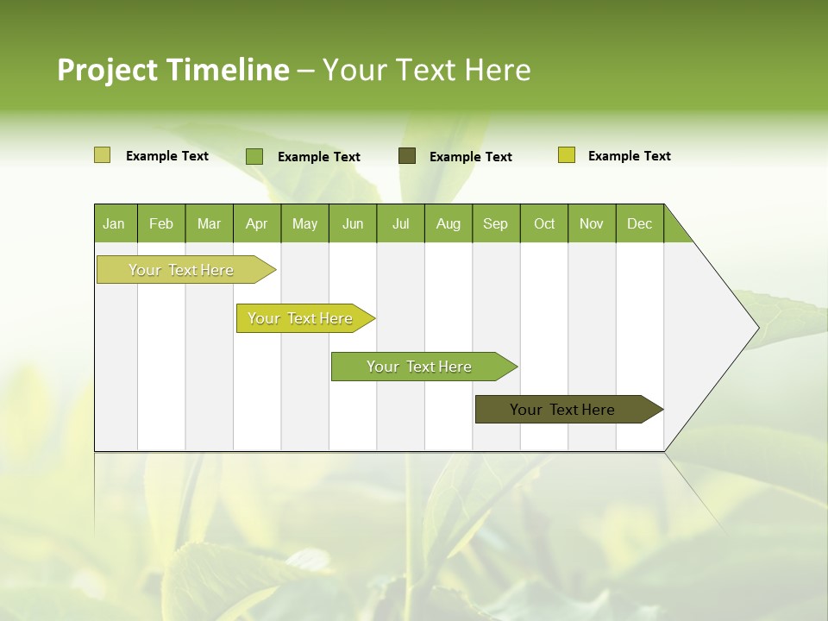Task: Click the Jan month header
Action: tap(115, 223)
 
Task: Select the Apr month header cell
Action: tap(257, 223)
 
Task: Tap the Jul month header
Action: tap(400, 223)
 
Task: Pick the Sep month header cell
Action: tap(496, 223)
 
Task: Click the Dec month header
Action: tap(639, 223)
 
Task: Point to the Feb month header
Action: tap(161, 223)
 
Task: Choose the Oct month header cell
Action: tap(544, 223)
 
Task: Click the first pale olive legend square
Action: tap(102, 155)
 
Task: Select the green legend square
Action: tap(254, 156)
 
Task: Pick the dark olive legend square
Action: tap(407, 155)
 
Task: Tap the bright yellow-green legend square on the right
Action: tap(567, 155)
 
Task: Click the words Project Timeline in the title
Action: tap(172, 70)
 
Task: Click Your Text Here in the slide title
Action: tap(426, 70)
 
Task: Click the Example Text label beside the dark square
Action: tap(471, 156)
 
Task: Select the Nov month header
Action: tap(592, 223)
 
